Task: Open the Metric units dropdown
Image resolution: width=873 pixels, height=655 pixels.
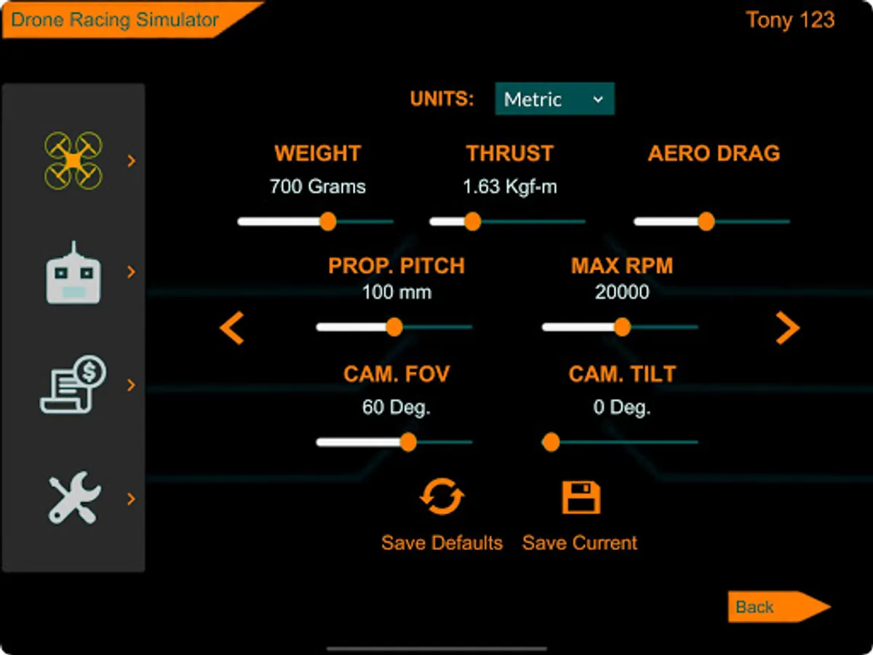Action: [x=554, y=99]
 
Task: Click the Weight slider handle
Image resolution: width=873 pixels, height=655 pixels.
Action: [x=328, y=221]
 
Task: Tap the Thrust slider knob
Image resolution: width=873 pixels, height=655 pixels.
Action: [x=473, y=221]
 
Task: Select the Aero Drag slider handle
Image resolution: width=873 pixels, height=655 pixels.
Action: [x=706, y=221]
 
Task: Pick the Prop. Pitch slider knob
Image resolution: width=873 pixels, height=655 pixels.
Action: [x=394, y=327]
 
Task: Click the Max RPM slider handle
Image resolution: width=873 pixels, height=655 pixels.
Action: [x=623, y=327]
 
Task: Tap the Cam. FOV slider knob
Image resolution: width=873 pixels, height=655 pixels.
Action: [x=408, y=442]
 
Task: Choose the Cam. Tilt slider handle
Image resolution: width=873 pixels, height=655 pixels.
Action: [x=551, y=442]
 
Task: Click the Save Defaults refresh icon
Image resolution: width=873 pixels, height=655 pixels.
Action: [x=442, y=496]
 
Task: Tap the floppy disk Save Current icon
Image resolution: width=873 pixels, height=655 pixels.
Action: [x=581, y=497]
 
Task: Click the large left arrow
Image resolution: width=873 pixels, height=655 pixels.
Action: [x=232, y=327]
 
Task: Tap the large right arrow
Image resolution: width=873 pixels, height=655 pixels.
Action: [x=788, y=327]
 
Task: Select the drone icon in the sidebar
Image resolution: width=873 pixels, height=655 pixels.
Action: [x=73, y=161]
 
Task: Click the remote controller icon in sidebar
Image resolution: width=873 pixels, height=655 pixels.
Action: [x=73, y=273]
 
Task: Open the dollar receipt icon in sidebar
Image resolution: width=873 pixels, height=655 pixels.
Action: [x=73, y=384]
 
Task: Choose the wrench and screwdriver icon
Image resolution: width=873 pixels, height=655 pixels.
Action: [x=74, y=498]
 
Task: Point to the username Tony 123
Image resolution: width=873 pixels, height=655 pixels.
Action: [x=790, y=20]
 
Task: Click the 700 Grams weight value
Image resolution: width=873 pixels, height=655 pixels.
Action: [x=317, y=186]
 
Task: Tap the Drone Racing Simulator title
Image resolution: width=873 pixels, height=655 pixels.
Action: [x=114, y=20]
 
